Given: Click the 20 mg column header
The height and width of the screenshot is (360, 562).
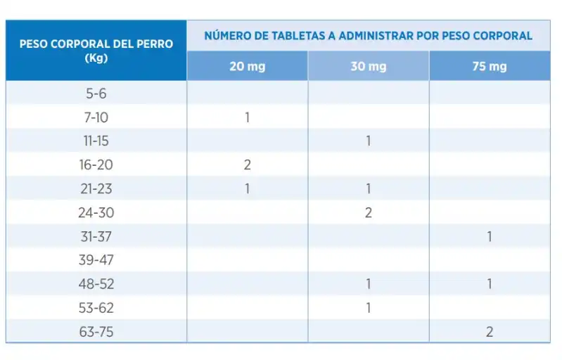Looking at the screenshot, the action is coord(248,67).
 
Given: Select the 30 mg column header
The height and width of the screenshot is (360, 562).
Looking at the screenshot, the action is coord(369,67).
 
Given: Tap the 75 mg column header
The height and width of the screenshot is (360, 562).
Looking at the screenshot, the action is coord(490,67).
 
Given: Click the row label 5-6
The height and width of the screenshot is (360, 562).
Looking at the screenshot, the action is coord(96,94).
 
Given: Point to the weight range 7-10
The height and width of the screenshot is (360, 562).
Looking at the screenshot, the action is coord(96,117).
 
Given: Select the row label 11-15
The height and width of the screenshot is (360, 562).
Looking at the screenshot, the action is coord(96,141).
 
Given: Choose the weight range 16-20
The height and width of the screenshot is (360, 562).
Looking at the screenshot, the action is coord(96,165).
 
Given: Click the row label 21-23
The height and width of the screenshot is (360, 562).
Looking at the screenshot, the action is coord(96,188).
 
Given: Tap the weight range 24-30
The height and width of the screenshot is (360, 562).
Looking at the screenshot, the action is coord(96,213).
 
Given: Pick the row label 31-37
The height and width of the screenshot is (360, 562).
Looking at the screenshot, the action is coord(96,236).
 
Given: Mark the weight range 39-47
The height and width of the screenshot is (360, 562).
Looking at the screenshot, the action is coord(96,260).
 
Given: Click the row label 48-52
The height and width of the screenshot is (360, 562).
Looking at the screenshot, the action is coord(96,284).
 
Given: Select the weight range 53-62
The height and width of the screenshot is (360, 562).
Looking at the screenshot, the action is coord(96,308).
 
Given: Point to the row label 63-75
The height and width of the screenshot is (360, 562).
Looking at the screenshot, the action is coord(96,332).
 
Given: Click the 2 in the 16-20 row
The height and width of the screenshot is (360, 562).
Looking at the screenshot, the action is coord(248,165).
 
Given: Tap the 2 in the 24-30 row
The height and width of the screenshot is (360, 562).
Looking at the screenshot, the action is coord(369,213).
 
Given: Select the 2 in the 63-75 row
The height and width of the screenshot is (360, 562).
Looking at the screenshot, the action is coord(490,332).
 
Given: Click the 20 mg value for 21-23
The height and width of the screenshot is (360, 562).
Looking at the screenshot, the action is coord(248,188).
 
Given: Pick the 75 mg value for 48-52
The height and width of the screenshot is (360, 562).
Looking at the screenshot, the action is coord(490,284).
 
